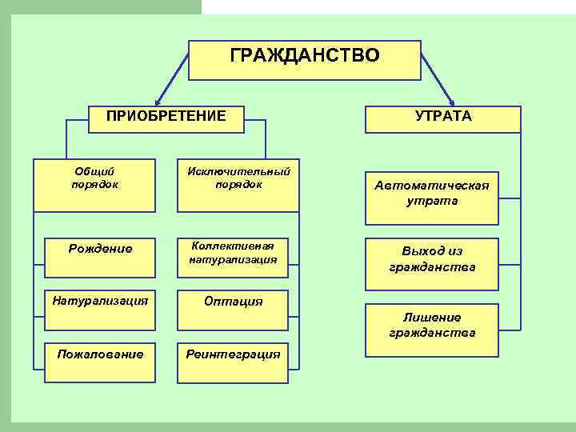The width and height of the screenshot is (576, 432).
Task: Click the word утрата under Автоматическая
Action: [432, 202]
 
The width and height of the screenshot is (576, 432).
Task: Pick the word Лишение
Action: [432, 317]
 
